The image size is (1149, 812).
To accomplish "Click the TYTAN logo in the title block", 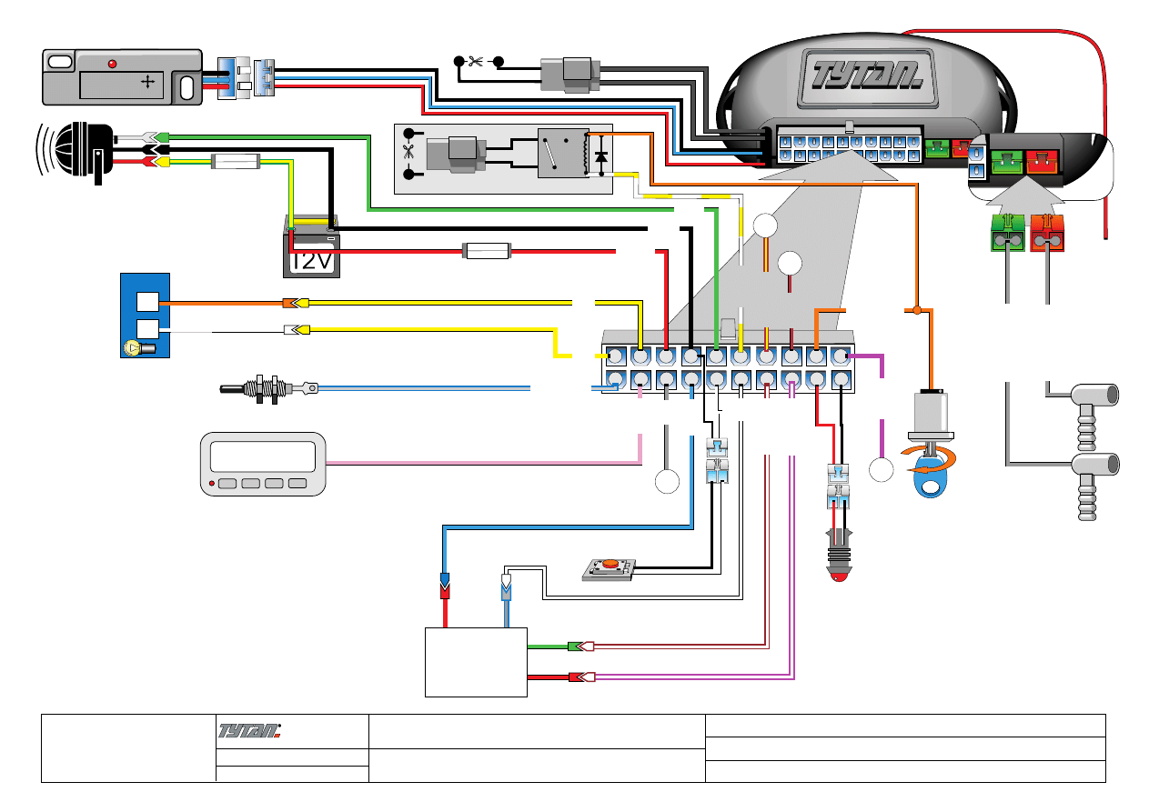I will [250, 729].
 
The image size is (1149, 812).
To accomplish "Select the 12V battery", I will [311, 248].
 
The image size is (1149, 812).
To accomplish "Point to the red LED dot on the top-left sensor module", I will [112, 64].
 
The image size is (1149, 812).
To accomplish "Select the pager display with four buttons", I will [262, 464].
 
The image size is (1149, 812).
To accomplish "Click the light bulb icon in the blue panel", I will [133, 346].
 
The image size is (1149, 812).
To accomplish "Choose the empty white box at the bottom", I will [476, 662].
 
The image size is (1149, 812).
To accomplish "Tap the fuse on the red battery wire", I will [488, 250].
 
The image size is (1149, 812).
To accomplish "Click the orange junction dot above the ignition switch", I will [917, 311].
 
